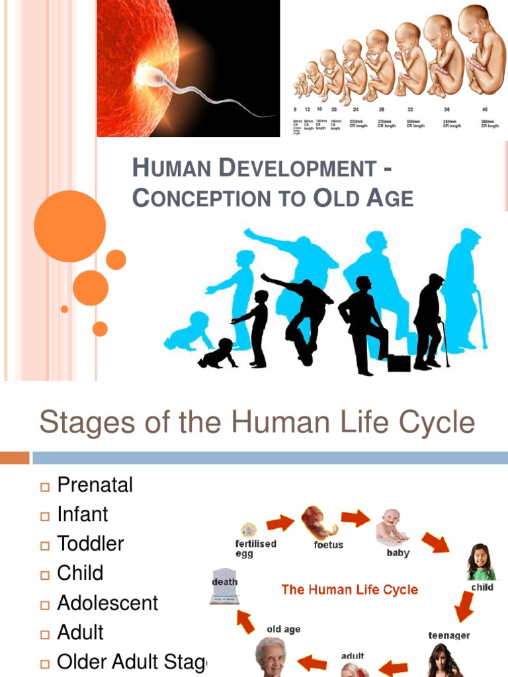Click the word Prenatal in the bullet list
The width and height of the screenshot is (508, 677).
(95, 485)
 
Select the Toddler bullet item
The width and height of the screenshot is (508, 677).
(91, 543)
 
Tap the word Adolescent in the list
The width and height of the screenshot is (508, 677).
(108, 603)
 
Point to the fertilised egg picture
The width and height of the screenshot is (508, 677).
(249, 530)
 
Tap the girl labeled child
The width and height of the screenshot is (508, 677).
(480, 562)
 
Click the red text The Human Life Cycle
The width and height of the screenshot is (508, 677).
(350, 590)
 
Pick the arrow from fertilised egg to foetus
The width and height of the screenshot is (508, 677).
(280, 524)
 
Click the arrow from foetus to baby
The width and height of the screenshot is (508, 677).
(355, 518)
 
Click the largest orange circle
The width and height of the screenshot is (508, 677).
(69, 226)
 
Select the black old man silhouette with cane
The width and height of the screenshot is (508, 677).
(429, 322)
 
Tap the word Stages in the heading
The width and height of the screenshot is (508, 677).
(77, 422)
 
